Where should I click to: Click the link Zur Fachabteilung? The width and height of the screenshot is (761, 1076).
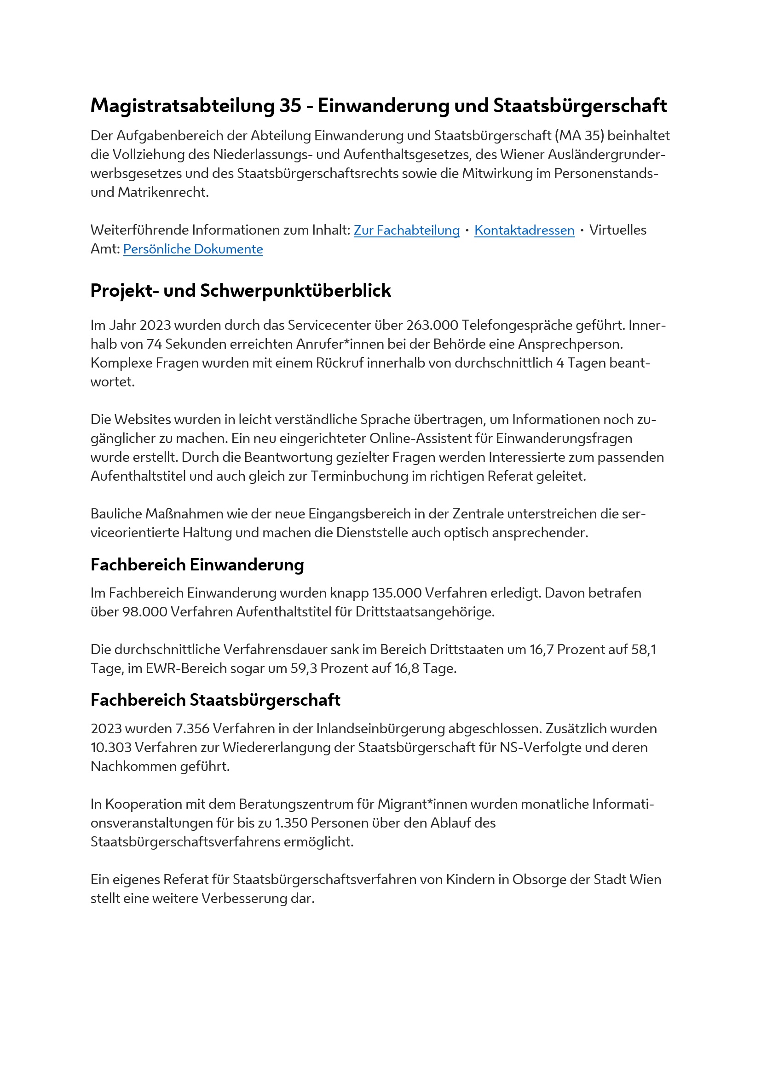(x=406, y=230)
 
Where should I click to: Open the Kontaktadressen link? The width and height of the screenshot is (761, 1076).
(x=525, y=230)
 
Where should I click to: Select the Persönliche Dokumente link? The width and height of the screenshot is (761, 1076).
(x=193, y=249)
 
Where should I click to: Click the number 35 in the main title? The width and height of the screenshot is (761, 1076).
(x=290, y=106)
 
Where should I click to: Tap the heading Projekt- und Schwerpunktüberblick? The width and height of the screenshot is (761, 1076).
(x=240, y=291)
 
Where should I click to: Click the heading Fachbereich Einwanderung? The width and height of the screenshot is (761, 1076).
(x=197, y=565)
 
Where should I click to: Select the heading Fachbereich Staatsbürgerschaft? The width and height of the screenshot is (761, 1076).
(x=215, y=700)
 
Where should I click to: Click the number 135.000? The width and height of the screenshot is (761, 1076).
(x=397, y=593)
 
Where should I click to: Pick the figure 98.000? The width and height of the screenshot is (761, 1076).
(x=145, y=611)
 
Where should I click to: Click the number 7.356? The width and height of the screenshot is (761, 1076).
(x=192, y=729)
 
